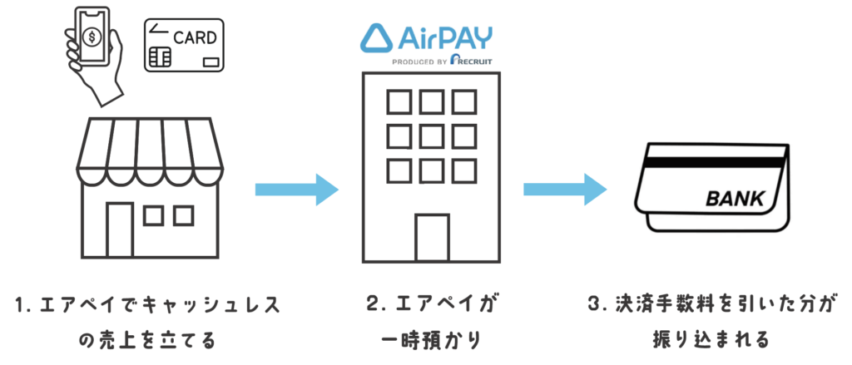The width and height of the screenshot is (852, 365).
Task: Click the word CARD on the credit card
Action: coord(195,38)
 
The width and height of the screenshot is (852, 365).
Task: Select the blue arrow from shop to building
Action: coord(297,190)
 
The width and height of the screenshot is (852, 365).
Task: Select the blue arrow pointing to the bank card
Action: coord(565,190)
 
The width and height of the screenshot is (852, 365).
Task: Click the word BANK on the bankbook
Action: coord(734,200)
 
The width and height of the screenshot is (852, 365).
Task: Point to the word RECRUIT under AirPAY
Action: coord(473,62)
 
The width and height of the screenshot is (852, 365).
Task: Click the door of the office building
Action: coord(433,238)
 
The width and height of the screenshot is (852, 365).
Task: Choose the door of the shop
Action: coord(120,229)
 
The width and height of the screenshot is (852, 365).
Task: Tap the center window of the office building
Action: coord(432,136)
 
